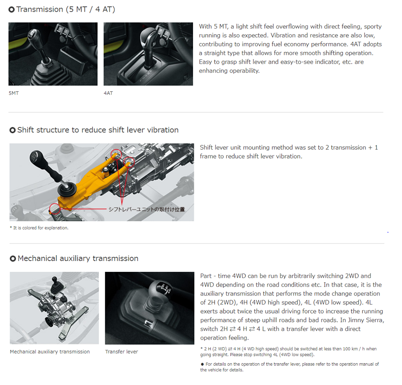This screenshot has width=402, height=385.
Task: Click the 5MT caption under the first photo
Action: coord(13,93)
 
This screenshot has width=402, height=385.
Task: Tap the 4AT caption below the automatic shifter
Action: coord(108,93)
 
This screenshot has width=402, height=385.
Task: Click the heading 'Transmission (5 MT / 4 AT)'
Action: coord(66,9)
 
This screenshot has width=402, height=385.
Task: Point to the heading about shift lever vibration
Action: coord(98,130)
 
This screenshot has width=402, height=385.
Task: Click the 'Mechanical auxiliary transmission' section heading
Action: coord(78,258)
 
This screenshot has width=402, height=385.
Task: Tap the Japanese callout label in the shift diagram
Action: coord(147,209)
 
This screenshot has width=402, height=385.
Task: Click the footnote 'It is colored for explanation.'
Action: coord(41,228)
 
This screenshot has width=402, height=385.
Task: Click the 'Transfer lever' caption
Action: coord(121,351)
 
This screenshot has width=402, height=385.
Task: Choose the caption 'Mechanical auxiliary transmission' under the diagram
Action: coord(50,351)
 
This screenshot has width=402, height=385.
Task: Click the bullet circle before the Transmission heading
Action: coord(12,10)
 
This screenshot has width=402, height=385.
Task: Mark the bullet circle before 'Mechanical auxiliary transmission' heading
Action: coord(13,258)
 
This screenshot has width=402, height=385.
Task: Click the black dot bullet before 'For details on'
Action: coord(202,364)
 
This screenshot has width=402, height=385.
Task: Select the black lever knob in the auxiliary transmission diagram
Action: coord(54,279)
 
